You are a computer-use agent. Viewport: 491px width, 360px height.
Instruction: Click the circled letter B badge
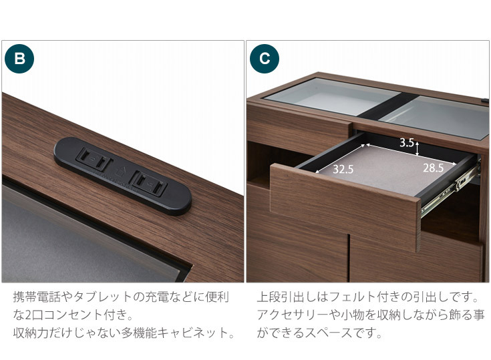[19, 58]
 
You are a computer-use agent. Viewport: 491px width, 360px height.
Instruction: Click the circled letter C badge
[265, 58]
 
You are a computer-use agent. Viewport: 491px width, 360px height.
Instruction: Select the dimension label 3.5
[407, 142]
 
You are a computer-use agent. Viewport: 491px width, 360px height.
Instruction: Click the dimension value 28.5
[433, 168]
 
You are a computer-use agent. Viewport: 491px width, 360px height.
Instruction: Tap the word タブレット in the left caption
[108, 296]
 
